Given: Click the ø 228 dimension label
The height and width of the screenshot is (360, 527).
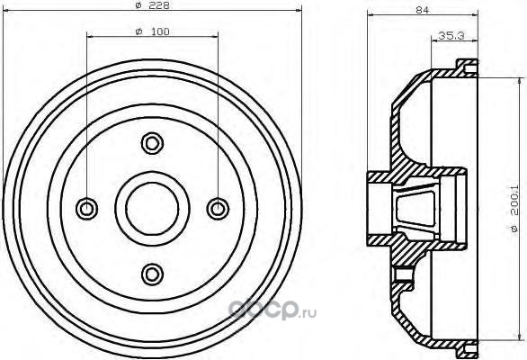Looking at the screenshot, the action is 152,5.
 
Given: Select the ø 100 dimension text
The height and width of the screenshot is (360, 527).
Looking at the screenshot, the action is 152,31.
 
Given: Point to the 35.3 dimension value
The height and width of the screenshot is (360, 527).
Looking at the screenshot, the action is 451,35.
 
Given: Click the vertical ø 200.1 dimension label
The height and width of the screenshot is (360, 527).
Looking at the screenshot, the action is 514,209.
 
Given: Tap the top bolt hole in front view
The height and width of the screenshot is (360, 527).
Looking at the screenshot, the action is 152,143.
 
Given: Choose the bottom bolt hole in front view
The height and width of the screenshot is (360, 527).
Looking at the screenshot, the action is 152,274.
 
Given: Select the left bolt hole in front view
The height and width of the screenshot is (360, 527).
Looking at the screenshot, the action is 86,209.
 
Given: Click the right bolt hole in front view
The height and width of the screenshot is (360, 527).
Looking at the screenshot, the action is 218,209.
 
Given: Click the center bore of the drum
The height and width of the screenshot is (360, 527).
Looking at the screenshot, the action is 152,209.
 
